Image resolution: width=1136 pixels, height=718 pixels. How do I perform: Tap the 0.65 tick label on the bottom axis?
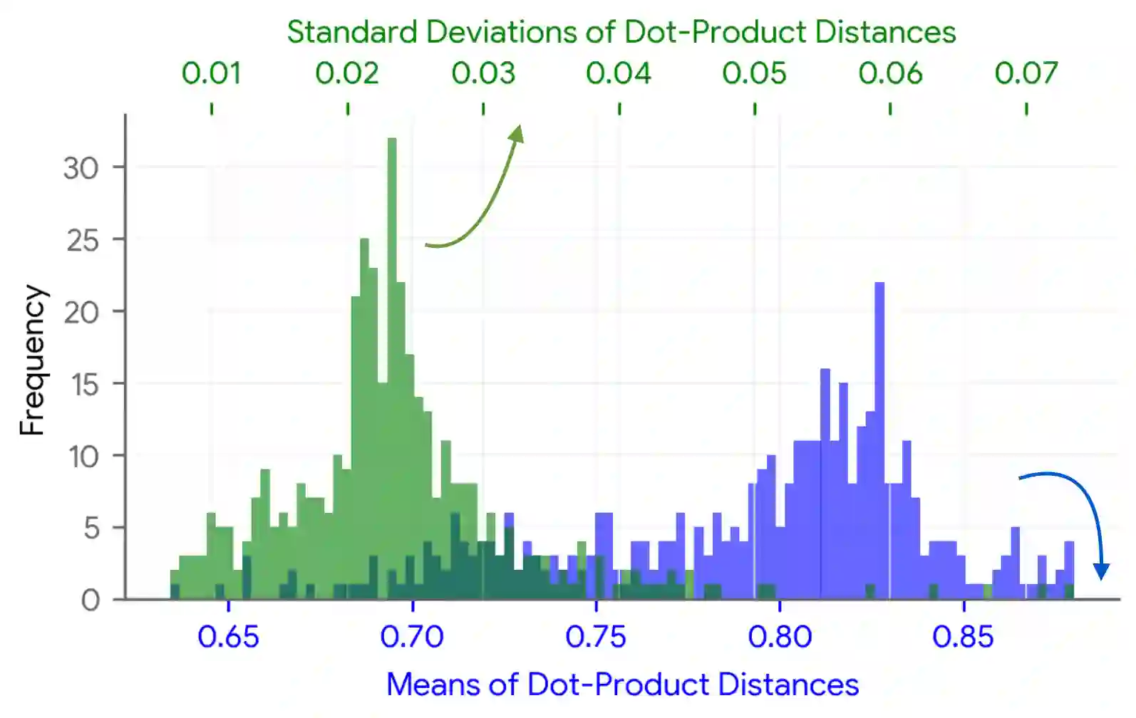click(x=228, y=637)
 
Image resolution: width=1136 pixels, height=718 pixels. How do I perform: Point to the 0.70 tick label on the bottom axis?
click(x=412, y=637)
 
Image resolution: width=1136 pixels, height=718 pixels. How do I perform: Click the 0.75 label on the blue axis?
click(x=596, y=637)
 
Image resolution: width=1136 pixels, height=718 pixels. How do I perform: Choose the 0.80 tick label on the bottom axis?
click(x=780, y=637)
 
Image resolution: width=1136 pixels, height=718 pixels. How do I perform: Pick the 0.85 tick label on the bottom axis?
click(x=963, y=637)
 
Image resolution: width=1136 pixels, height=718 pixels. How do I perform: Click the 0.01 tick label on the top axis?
click(x=211, y=73)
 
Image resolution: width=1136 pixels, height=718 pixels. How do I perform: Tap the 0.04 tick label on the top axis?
click(x=619, y=73)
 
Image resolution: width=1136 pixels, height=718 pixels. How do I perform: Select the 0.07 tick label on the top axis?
click(x=1026, y=73)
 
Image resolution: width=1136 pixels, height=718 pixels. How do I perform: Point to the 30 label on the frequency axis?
click(x=81, y=169)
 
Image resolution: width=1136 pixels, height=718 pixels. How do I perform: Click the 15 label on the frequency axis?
click(x=84, y=385)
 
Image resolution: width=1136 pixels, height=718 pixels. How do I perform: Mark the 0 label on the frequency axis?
click(x=91, y=600)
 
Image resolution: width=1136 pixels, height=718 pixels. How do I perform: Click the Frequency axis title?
click(x=32, y=360)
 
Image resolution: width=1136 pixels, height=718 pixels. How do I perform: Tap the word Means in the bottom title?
click(x=433, y=685)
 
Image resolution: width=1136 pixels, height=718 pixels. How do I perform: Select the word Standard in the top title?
click(x=352, y=32)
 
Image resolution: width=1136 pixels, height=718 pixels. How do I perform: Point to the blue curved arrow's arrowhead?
click(x=1102, y=570)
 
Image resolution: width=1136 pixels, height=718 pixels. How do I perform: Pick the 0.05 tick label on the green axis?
click(x=754, y=73)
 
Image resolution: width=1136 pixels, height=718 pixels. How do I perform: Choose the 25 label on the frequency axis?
click(x=83, y=241)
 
